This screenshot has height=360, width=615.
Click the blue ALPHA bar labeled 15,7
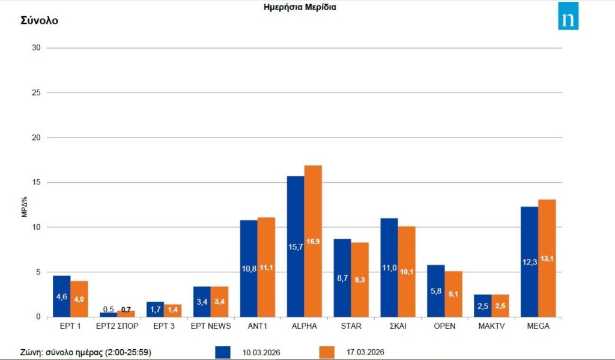click(x=295, y=246)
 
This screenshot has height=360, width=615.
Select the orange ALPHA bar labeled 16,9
click(x=313, y=241)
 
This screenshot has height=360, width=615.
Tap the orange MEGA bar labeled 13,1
click(x=547, y=258)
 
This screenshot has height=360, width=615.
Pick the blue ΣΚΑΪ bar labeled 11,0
click(x=389, y=267)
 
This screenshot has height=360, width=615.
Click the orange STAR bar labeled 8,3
click(x=360, y=279)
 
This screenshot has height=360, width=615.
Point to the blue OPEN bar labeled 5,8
click(x=436, y=291)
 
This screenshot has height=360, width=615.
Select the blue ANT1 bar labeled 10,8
click(x=249, y=268)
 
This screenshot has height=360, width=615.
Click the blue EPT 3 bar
click(x=155, y=309)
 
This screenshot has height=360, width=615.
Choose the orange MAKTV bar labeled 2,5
click(x=500, y=305)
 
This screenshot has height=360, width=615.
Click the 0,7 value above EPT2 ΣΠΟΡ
click(x=126, y=309)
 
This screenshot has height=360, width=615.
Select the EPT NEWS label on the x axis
click(x=211, y=326)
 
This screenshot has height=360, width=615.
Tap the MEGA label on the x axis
click(x=538, y=326)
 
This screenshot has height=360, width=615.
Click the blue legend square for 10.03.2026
click(x=222, y=352)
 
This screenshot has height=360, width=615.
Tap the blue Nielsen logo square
click(x=568, y=16)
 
